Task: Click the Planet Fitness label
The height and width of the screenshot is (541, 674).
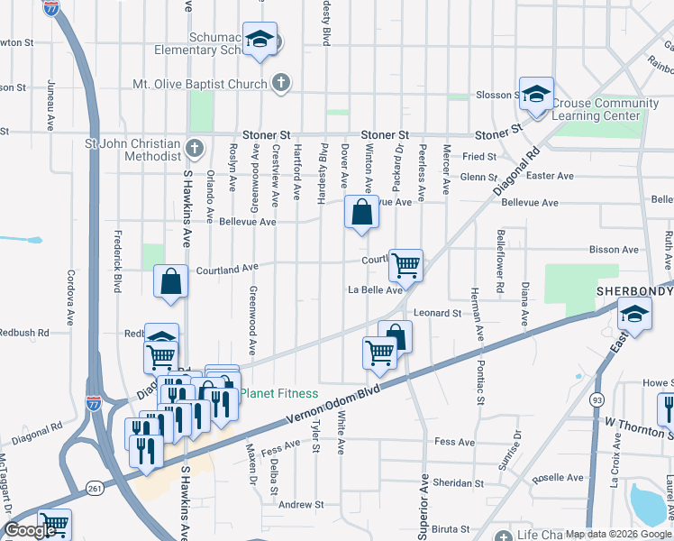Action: [x=278, y=393]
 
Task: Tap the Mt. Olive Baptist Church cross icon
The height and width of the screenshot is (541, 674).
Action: [x=281, y=84]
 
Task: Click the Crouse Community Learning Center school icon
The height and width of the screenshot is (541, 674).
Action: [x=535, y=94]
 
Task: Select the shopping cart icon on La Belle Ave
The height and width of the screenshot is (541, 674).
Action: [x=405, y=264]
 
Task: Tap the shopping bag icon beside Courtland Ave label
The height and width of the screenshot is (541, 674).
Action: [x=170, y=281]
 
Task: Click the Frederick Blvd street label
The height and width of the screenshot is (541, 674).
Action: [x=117, y=262]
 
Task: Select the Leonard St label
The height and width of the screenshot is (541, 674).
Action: [x=437, y=313]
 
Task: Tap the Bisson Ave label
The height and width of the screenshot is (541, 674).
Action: [x=613, y=250]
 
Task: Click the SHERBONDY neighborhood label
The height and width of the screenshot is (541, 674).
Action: [x=635, y=291]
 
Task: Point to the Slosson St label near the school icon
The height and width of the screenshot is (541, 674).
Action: [x=493, y=95]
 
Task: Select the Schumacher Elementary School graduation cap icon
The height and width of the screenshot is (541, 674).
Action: [x=260, y=40]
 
